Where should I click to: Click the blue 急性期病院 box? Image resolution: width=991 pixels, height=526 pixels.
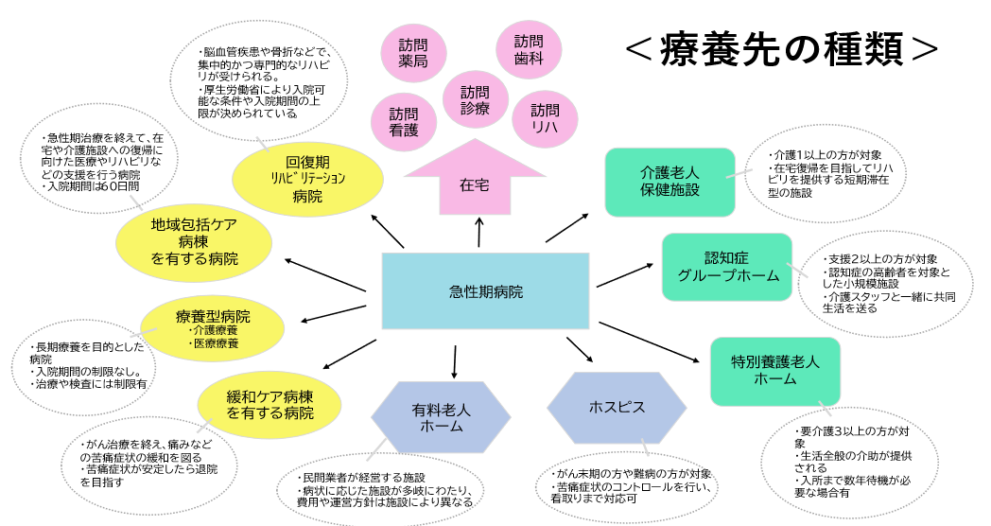click(485, 290)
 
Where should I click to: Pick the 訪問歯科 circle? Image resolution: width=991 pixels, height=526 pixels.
click(529, 49)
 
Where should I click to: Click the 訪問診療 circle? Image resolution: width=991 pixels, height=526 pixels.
click(476, 99)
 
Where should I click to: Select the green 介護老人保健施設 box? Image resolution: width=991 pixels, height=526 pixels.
click(669, 181)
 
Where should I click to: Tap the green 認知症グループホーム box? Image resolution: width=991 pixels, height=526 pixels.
click(726, 267)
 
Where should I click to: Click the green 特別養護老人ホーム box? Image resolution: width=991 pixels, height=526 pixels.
click(775, 370)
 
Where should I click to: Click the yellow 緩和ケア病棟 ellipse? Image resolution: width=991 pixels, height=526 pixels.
click(269, 404)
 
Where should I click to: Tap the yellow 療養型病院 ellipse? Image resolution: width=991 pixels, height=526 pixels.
click(212, 326)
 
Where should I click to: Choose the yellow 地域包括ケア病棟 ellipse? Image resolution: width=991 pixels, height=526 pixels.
click(193, 242)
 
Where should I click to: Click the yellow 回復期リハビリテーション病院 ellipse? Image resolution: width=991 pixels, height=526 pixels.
click(307, 178)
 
